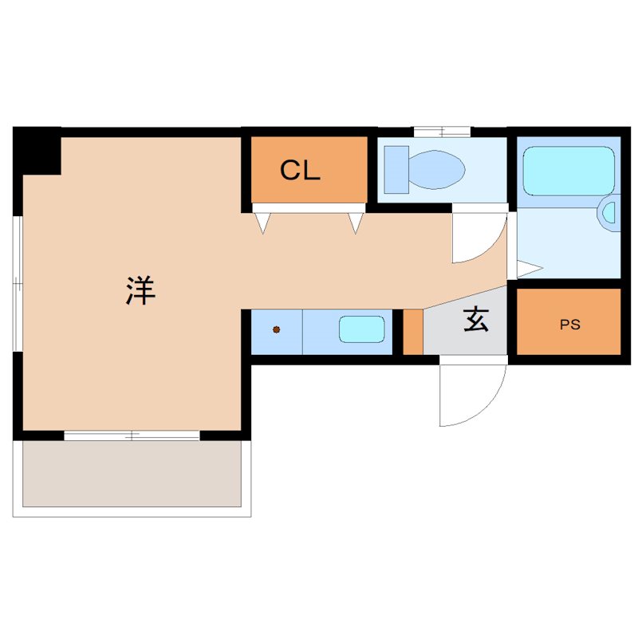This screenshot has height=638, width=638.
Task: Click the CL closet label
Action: coord(300,171)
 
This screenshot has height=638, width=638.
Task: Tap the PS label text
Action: coord(569,325)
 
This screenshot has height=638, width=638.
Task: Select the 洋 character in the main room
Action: coord(140,289)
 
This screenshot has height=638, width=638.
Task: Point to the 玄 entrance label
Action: coord(476,319)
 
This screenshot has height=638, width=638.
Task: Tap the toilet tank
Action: coord(396,169)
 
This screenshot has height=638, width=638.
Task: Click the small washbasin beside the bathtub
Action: coord(610,213)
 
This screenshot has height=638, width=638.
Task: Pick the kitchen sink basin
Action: coord(361,329)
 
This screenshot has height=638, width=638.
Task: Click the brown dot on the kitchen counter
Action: coord(277,329)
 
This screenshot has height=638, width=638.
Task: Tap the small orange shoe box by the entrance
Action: coord(412,332)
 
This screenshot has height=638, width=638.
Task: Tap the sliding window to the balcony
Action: coord(132,435)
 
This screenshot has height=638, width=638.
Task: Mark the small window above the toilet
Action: coord(442,132)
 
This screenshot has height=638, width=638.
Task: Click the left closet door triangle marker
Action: coord(263,223)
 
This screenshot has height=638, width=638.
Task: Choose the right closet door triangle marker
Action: coord(356,223)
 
